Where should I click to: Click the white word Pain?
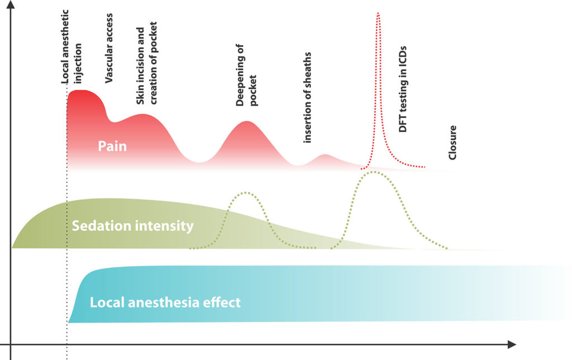[112, 146]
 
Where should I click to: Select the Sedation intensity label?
[132, 226]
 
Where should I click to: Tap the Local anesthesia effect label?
[165, 302]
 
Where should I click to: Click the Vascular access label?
[109, 49]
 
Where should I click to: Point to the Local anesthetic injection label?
[71, 48]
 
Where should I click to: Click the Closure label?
[453, 143]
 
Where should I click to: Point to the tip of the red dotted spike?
[378, 12]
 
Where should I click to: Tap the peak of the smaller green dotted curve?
[246, 193]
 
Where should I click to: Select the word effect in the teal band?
[221, 302]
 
